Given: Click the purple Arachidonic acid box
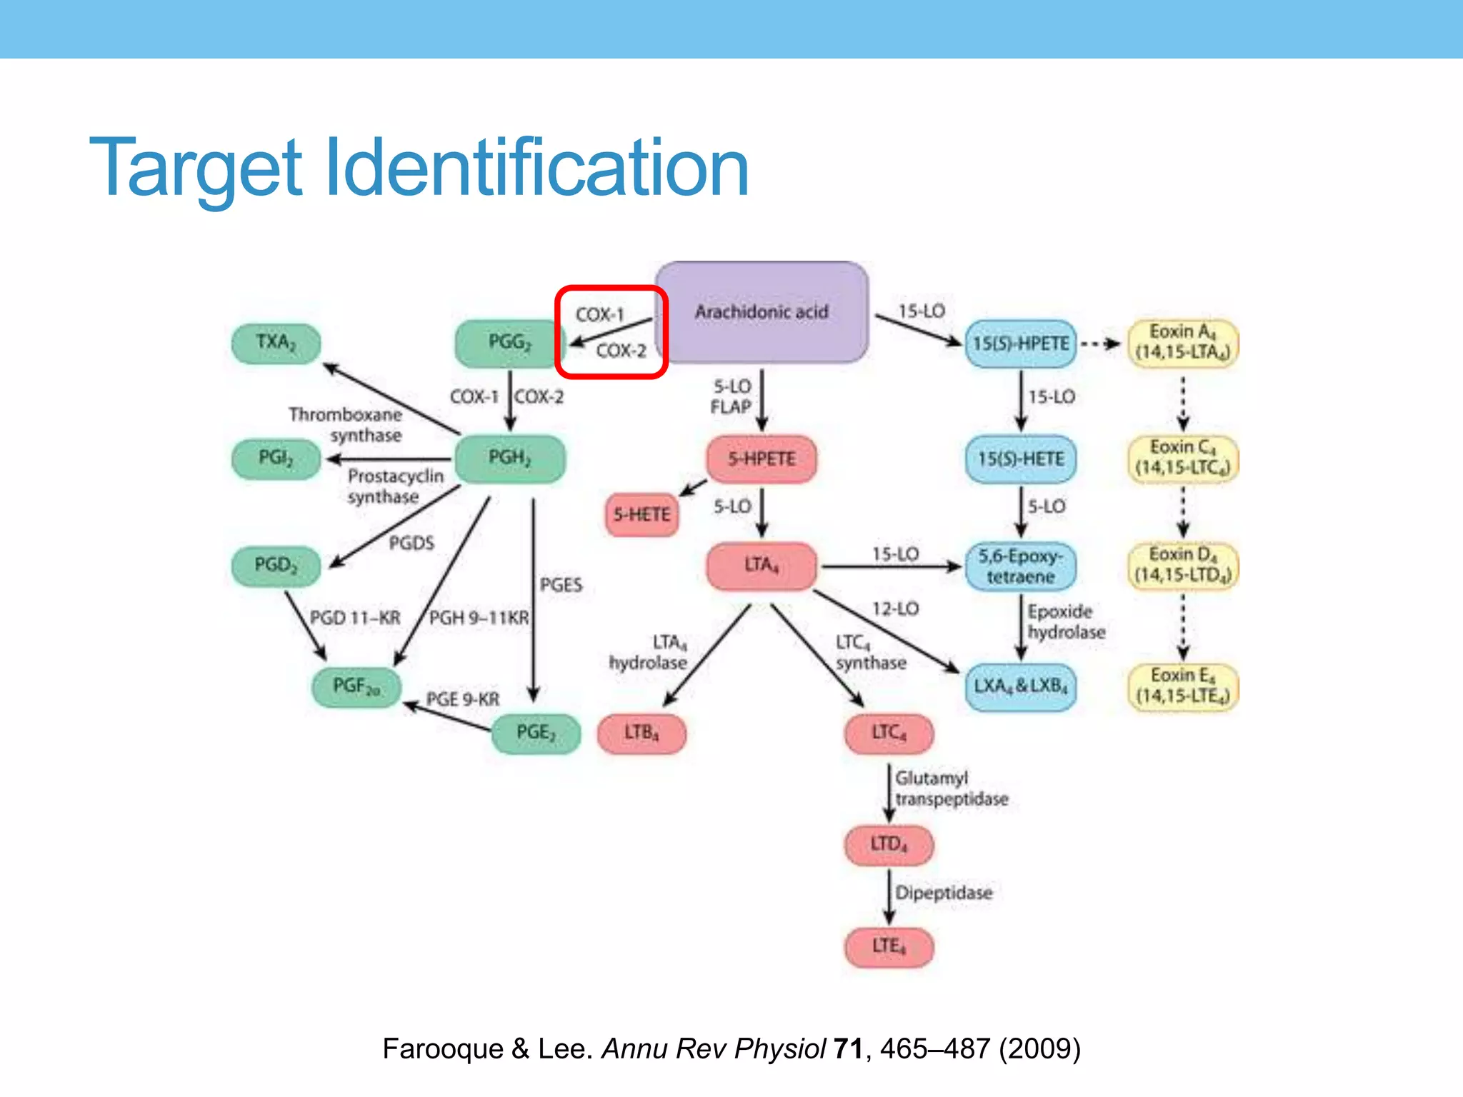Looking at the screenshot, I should (x=762, y=312).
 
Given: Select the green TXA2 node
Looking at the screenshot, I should (x=276, y=344).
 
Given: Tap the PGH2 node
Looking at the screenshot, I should (x=509, y=459).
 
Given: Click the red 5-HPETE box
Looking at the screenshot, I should (x=762, y=459).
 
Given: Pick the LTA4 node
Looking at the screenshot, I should (x=762, y=566).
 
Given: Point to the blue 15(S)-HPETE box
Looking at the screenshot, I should (x=1020, y=344).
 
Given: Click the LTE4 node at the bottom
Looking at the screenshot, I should (x=889, y=947).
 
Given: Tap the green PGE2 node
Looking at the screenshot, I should (x=536, y=733).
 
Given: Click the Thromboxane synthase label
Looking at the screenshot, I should (x=346, y=425).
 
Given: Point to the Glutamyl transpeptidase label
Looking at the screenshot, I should (x=952, y=788).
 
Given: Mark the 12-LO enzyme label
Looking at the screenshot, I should (x=895, y=609).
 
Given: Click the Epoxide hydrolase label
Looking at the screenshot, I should (x=1066, y=622).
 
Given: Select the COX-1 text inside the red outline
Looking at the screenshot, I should (x=600, y=315).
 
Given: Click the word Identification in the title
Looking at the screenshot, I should (x=536, y=169).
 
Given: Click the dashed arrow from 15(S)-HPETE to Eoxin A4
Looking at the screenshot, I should (x=1101, y=344).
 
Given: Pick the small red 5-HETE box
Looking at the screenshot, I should (x=641, y=515).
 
